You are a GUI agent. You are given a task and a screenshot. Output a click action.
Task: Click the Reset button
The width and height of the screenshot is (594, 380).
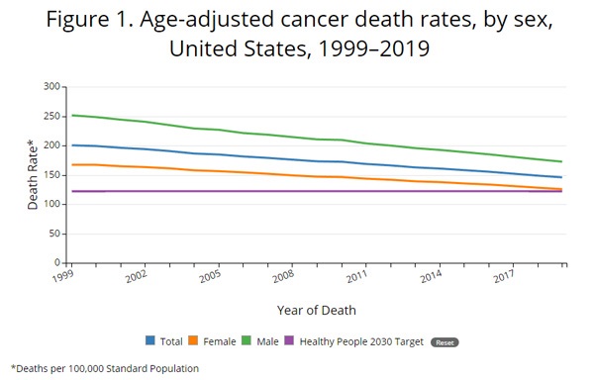pos(445,342)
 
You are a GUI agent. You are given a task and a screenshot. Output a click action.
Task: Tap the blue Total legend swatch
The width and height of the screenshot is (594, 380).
pos(150,340)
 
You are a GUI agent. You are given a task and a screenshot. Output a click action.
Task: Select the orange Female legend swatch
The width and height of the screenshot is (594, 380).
pos(193,340)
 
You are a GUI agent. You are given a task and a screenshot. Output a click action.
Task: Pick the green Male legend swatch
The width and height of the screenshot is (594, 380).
pos(247,340)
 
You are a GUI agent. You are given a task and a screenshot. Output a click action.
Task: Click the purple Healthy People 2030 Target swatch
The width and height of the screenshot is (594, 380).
pos(289,340)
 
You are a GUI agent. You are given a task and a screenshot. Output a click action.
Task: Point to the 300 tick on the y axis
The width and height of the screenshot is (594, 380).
pos(51,86)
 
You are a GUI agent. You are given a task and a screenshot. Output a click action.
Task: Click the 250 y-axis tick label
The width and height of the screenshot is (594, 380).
pos(51,116)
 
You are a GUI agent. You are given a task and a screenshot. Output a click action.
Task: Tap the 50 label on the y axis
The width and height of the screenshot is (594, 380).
pos(55,234)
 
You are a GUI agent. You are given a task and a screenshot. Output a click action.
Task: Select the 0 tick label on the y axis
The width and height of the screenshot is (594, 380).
pos(57,262)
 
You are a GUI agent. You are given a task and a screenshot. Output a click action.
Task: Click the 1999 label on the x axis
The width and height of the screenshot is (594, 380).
pos(62,276)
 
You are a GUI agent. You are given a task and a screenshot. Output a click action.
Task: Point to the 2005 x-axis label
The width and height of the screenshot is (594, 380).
pos(210,276)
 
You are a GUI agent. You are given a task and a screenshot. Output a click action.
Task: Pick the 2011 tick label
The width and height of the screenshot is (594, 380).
pos(356,276)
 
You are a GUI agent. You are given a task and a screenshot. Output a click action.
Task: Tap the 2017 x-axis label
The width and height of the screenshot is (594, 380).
pos(504,276)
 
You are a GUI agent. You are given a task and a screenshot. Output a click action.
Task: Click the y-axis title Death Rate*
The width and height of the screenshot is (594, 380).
pos(33,174)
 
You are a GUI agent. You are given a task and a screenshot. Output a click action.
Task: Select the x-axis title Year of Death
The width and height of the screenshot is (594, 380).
pos(317,311)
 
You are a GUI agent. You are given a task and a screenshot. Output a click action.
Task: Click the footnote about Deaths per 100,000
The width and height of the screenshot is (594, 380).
pos(105,368)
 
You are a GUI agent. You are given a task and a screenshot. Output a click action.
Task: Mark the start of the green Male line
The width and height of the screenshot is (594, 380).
pos(72,115)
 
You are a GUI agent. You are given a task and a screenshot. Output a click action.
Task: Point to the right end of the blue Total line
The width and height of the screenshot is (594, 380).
pos(561,177)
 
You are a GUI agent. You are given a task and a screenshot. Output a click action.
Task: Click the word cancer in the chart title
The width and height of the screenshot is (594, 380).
pos(315,20)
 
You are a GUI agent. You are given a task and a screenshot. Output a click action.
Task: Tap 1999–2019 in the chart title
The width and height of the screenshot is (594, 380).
pos(374,48)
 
